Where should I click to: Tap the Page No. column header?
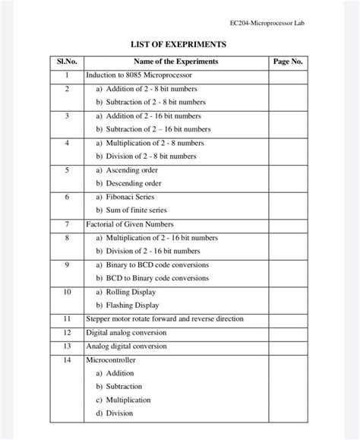pyautogui.click(x=287, y=62)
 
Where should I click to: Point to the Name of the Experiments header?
pyautogui.click(x=175, y=62)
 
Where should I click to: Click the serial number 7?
pyautogui.click(x=67, y=224)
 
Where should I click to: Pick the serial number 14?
pyautogui.click(x=67, y=359)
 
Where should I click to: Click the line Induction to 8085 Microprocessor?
pyautogui.click(x=139, y=75)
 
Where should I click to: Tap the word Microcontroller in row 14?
pyautogui.click(x=110, y=359)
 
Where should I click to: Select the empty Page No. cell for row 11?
pyautogui.click(x=287, y=319)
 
